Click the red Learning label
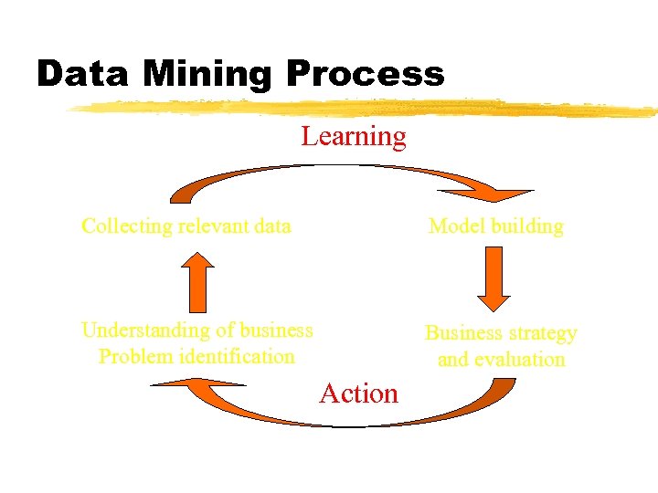click(354, 137)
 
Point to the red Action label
click(359, 393)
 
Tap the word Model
click(453, 226)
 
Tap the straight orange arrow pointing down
click(493, 279)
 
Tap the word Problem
click(133, 356)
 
